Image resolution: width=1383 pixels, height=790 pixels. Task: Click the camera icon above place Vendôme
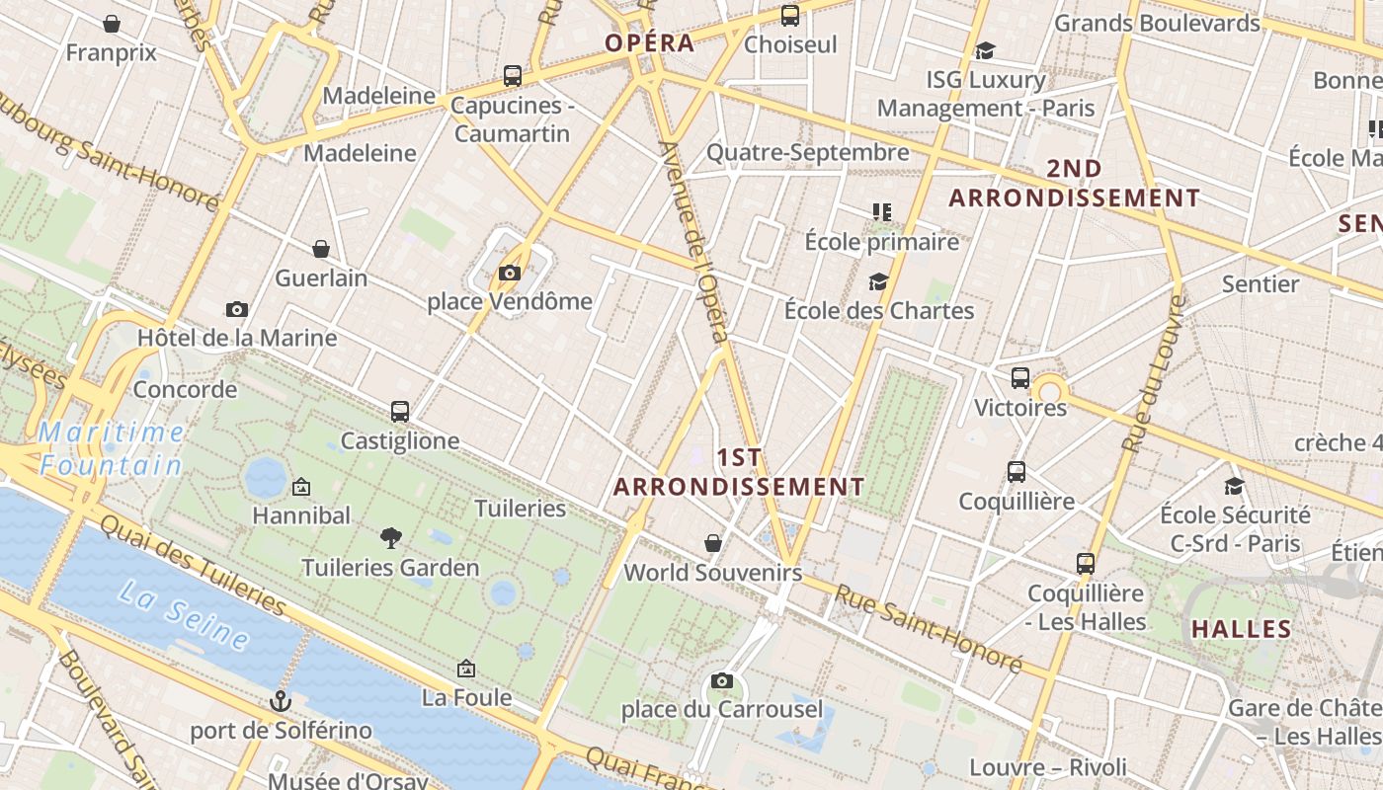coord(510,274)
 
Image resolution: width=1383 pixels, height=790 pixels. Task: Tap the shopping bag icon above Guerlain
coord(321,249)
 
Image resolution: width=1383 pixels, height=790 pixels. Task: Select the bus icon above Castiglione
coord(400,412)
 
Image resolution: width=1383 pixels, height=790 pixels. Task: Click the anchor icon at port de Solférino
coord(282,701)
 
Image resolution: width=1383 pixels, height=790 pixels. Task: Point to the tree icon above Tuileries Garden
coord(391,538)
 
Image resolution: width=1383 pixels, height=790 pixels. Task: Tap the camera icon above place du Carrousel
coord(722,680)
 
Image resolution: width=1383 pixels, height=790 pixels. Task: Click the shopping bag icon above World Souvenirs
coord(713,543)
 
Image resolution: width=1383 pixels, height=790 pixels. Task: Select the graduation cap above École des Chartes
coord(878,282)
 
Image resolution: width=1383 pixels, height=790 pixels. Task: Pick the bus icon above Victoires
coord(1020,378)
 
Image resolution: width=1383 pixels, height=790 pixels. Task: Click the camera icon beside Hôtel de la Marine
coord(236,310)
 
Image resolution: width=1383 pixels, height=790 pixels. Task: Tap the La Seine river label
coord(184,615)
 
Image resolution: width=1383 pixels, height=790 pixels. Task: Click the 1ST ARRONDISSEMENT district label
coord(739,472)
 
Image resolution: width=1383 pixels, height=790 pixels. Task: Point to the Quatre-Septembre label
coord(807,152)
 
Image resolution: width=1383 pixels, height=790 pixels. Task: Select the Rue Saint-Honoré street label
coord(929,628)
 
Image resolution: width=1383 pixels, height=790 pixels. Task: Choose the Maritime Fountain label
coord(112,448)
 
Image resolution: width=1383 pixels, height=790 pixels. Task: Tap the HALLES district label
coord(1242,629)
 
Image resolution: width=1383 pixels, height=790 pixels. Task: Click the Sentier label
coord(1261,284)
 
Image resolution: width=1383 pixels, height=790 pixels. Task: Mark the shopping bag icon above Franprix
coord(112,24)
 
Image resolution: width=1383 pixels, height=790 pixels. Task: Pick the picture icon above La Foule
coord(466,670)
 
